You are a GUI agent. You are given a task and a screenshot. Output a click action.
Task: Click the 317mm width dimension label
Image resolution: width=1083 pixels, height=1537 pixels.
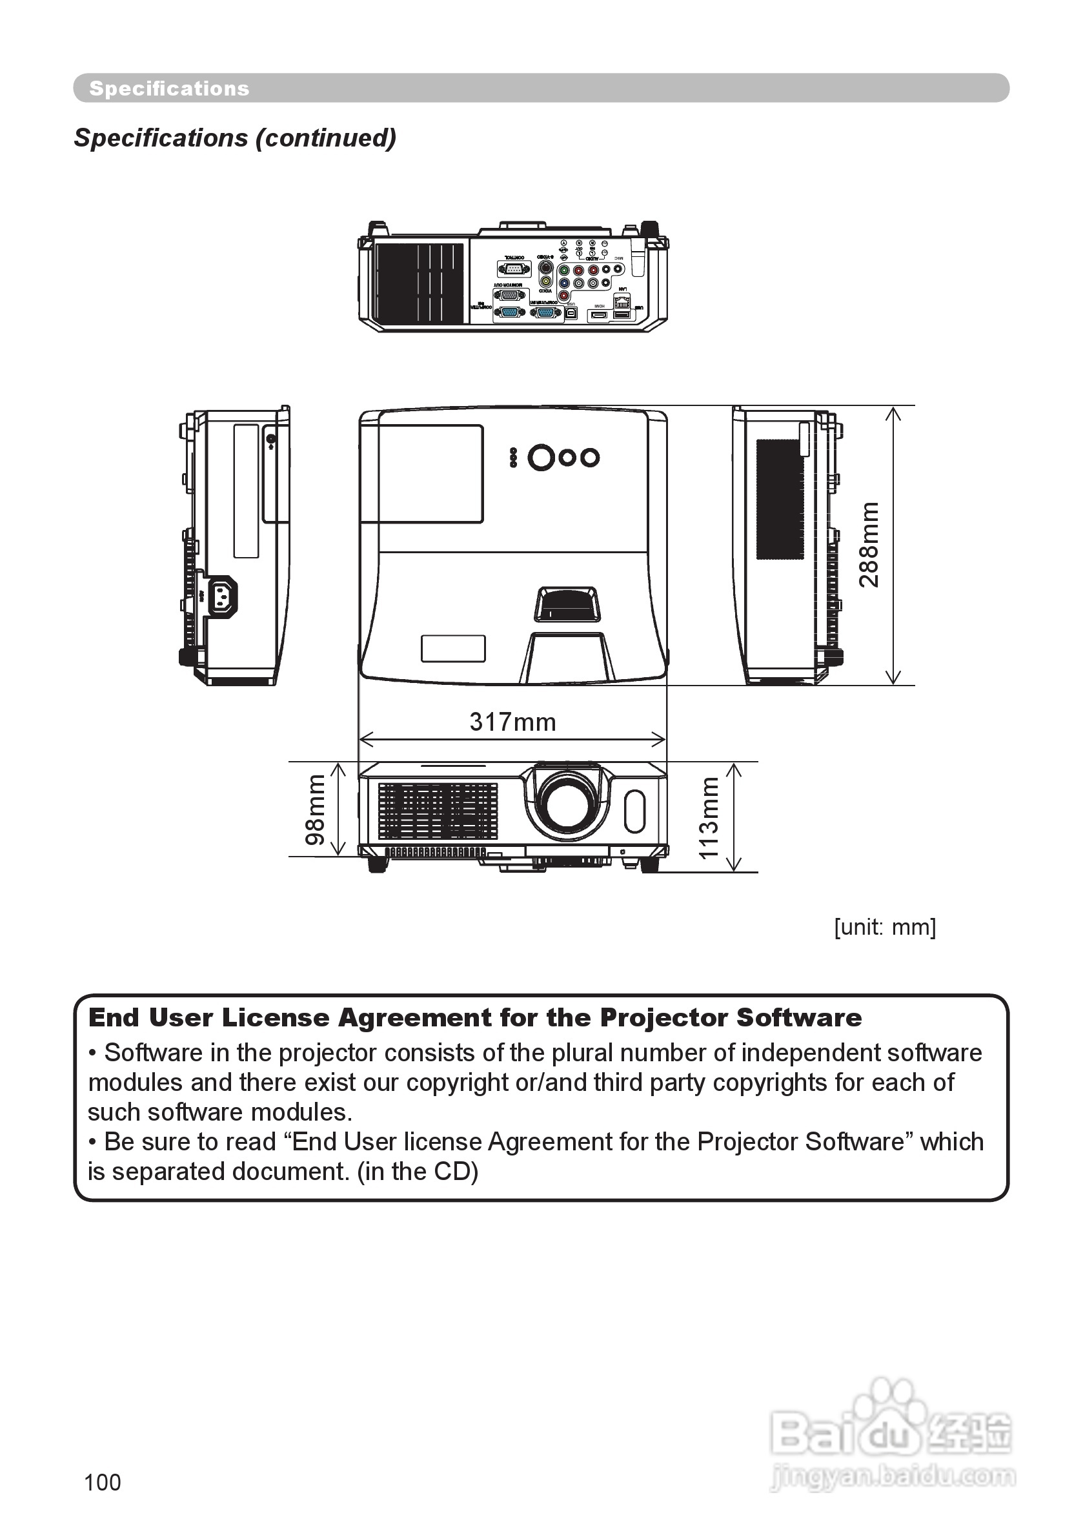click(512, 722)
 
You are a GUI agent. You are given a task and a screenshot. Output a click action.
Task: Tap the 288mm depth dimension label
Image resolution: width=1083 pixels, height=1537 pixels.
click(869, 544)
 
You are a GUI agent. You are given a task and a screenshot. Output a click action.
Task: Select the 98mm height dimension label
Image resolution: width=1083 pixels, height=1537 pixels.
click(315, 809)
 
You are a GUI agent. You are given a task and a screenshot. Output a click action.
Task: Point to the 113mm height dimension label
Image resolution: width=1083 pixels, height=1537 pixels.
click(708, 817)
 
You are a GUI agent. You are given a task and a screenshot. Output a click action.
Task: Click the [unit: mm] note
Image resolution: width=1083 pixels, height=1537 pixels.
click(885, 927)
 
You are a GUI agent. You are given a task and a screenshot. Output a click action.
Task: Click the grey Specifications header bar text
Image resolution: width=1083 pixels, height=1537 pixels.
click(169, 88)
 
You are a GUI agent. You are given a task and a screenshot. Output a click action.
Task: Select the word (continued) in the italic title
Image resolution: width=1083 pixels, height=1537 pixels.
click(326, 138)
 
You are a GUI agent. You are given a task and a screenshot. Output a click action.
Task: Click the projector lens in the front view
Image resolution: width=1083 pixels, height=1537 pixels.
click(567, 803)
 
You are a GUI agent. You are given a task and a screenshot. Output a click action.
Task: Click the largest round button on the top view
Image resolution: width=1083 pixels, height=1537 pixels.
click(541, 458)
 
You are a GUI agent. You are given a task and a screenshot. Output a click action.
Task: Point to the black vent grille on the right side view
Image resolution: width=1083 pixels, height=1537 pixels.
click(780, 499)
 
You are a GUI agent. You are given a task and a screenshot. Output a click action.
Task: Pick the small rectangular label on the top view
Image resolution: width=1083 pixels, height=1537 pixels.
click(453, 648)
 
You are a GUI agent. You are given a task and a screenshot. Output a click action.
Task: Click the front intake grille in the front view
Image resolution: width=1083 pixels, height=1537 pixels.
click(438, 811)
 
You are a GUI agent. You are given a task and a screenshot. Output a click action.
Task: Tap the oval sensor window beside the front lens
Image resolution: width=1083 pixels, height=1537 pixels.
click(634, 811)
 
